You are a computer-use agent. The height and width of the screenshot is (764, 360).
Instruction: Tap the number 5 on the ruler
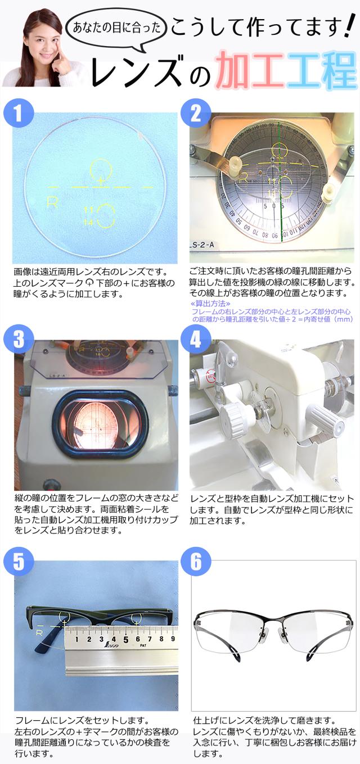click(125, 639)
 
